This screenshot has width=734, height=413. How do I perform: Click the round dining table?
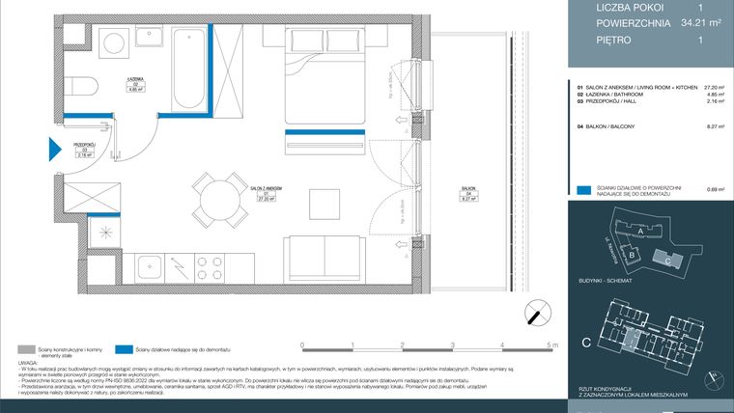pyautogui.click(x=209, y=200)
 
